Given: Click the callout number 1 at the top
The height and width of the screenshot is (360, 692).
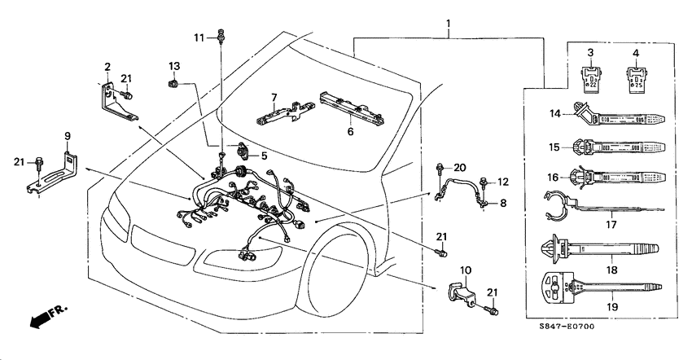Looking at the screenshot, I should click(x=449, y=26).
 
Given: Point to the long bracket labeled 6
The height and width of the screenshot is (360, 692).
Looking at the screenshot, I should click(x=353, y=105).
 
